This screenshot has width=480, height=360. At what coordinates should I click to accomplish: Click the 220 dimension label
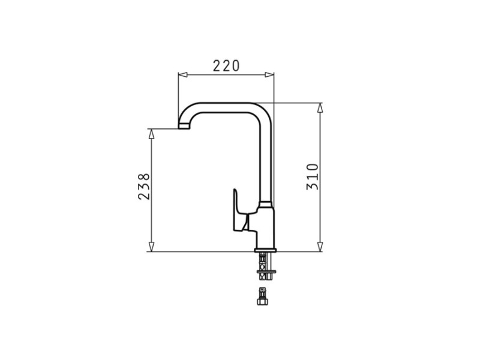click(226, 66)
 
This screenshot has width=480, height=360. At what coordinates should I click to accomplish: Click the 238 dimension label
click(144, 187)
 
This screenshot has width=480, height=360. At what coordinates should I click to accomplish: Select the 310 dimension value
click(313, 177)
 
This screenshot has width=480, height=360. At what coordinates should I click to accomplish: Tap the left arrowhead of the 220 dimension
click(182, 74)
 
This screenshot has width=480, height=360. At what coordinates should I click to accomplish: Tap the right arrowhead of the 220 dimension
click(269, 74)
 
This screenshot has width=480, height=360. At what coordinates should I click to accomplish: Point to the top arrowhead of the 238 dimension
click(151, 134)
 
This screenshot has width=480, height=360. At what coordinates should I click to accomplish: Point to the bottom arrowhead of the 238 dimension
click(151, 247)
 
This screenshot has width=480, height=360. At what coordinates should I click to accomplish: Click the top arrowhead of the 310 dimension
click(320, 108)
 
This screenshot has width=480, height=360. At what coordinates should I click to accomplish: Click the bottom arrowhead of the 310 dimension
click(320, 247)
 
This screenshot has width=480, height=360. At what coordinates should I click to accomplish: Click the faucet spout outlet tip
click(184, 127)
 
